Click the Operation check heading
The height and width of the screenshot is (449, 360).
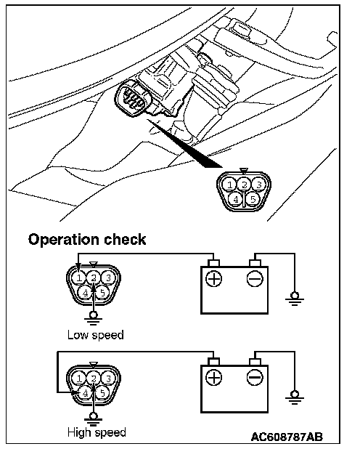[x=87, y=239]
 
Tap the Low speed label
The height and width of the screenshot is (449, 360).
[x=96, y=335]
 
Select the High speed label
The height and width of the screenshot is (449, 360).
[x=97, y=432]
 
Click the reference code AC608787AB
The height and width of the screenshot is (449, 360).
[x=287, y=437]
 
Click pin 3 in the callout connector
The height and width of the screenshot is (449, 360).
[x=258, y=185]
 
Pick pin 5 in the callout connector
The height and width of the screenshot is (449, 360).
[x=253, y=199]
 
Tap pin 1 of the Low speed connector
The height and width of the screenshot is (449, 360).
[x=78, y=278]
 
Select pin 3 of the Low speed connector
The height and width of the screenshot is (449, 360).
[x=108, y=278]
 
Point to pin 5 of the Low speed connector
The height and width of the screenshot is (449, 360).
[x=102, y=293]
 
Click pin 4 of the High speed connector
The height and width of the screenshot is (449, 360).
[x=85, y=393]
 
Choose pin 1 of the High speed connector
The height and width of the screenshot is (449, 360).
[x=78, y=379]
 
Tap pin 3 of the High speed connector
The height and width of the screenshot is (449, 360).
[x=108, y=379]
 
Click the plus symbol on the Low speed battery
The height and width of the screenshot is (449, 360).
[x=214, y=278]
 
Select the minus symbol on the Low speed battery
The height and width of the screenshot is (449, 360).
[x=255, y=278]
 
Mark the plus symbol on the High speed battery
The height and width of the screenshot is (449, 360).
[x=214, y=377]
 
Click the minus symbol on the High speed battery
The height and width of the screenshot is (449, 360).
[x=255, y=377]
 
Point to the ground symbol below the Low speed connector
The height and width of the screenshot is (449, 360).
[x=93, y=319]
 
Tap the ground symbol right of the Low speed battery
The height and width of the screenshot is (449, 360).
[x=295, y=299]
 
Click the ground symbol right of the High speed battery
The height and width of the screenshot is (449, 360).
[x=295, y=397]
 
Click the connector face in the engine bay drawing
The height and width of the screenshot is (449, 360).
[x=131, y=98]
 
